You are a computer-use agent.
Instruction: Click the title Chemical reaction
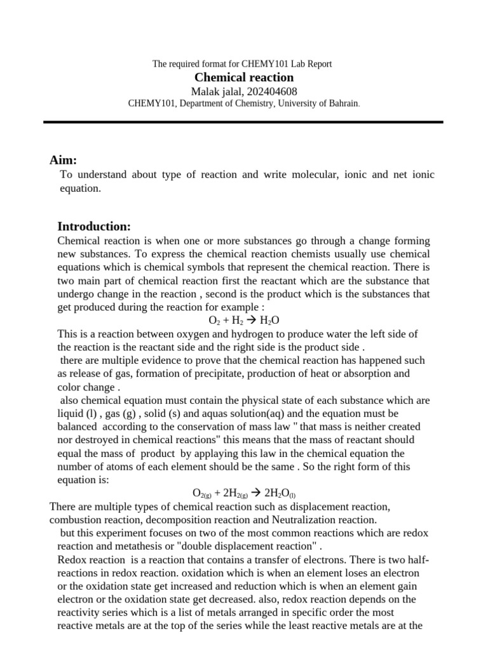pos(244,77)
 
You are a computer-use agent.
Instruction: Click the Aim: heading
pos(63,160)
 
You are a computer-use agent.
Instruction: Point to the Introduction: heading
pos(94,227)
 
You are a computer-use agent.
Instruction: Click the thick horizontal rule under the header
pos(244,121)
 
